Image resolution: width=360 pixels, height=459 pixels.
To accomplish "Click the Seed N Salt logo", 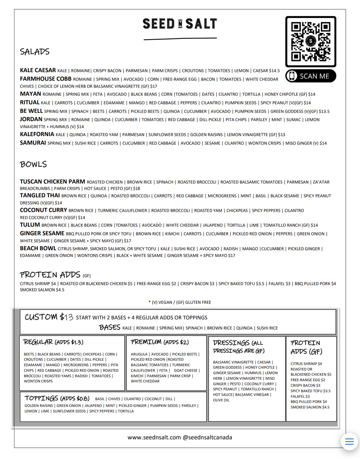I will pyautogui.click(x=180, y=24).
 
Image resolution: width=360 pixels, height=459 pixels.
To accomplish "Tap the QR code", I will pyautogui.click(x=311, y=41).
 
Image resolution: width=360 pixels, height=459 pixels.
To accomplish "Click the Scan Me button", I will pyautogui.click(x=311, y=76).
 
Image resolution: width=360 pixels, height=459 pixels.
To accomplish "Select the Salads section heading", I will pyautogui.click(x=35, y=52).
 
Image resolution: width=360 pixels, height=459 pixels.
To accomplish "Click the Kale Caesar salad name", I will pyautogui.click(x=38, y=70).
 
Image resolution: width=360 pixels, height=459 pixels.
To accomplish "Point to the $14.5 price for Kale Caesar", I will pyautogui.click(x=274, y=71).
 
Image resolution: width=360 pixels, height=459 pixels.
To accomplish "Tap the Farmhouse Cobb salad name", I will pyautogui.click(x=45, y=79).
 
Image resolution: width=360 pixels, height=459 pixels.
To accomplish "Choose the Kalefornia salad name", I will pyautogui.click(x=37, y=134).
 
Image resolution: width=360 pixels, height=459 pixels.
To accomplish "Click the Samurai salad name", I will pyautogui.click(x=33, y=143).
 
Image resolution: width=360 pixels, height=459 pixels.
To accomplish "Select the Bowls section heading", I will pyautogui.click(x=33, y=164).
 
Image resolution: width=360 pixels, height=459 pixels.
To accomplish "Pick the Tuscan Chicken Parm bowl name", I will pyautogui.click(x=53, y=182).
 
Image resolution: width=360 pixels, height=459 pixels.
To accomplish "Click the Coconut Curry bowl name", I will pyautogui.click(x=43, y=210).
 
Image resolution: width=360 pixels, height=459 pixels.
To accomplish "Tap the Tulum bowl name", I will pyautogui.click(x=30, y=225).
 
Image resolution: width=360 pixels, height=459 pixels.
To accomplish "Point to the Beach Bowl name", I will pyautogui.click(x=38, y=248).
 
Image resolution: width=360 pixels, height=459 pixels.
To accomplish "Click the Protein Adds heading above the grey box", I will pyautogui.click(x=50, y=275).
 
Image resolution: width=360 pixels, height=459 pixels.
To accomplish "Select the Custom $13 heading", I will pyautogui.click(x=49, y=317).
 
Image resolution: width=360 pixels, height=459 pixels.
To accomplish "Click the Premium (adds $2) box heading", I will pyautogui.click(x=160, y=342).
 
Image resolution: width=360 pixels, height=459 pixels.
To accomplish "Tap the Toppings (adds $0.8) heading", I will pyautogui.click(x=57, y=399).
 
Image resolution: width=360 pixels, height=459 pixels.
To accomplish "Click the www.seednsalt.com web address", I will pyautogui.click(x=154, y=437).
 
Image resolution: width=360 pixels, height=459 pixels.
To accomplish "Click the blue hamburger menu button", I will pyautogui.click(x=349, y=442).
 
